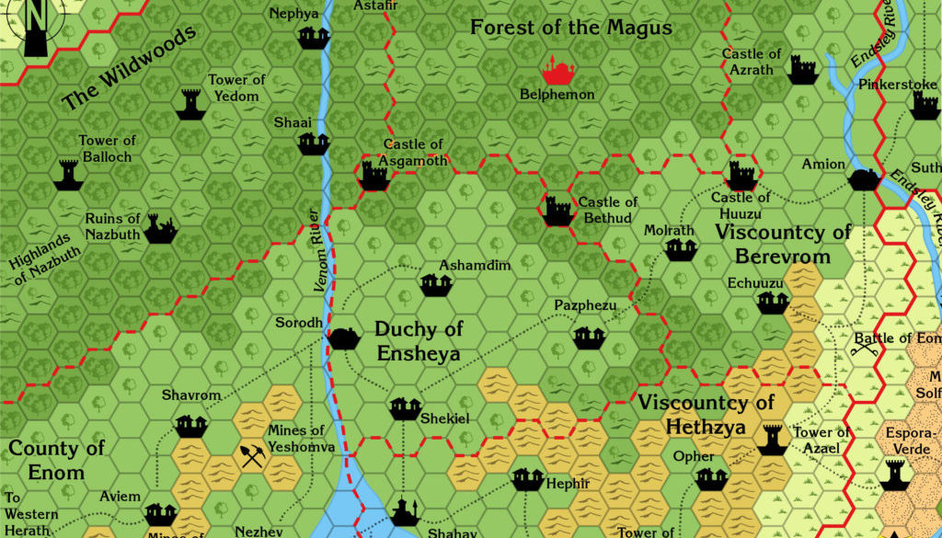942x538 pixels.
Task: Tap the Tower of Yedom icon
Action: [190, 104]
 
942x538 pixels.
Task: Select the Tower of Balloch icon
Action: [68, 174]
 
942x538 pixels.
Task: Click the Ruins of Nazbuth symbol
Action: [160, 229]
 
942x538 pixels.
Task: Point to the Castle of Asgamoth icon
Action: [373, 176]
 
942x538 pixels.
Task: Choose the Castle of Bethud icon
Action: [558, 212]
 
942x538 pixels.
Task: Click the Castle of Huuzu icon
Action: [741, 176]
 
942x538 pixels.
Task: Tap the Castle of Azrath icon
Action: [802, 69]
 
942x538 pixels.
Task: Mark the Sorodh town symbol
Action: [343, 338]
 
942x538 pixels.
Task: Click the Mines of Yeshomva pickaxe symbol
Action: [251, 455]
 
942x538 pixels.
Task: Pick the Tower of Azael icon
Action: [772, 440]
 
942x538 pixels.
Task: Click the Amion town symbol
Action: [864, 178]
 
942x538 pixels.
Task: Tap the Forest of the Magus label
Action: [571, 28]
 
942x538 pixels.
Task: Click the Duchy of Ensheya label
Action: [419, 341]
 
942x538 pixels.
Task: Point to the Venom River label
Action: [318, 251]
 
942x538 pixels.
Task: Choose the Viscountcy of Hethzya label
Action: [706, 414]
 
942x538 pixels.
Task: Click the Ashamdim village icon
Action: [435, 285]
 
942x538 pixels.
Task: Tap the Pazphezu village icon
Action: [589, 338]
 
